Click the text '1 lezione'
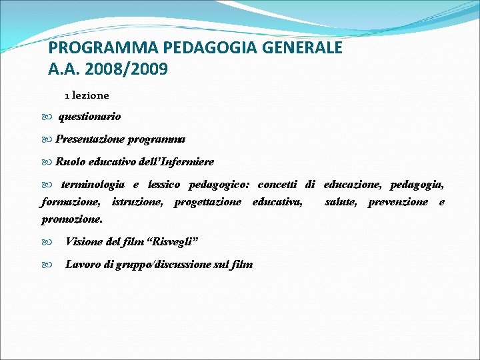point(87,95)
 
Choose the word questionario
point(90,117)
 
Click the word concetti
point(277,184)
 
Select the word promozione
point(72,219)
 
